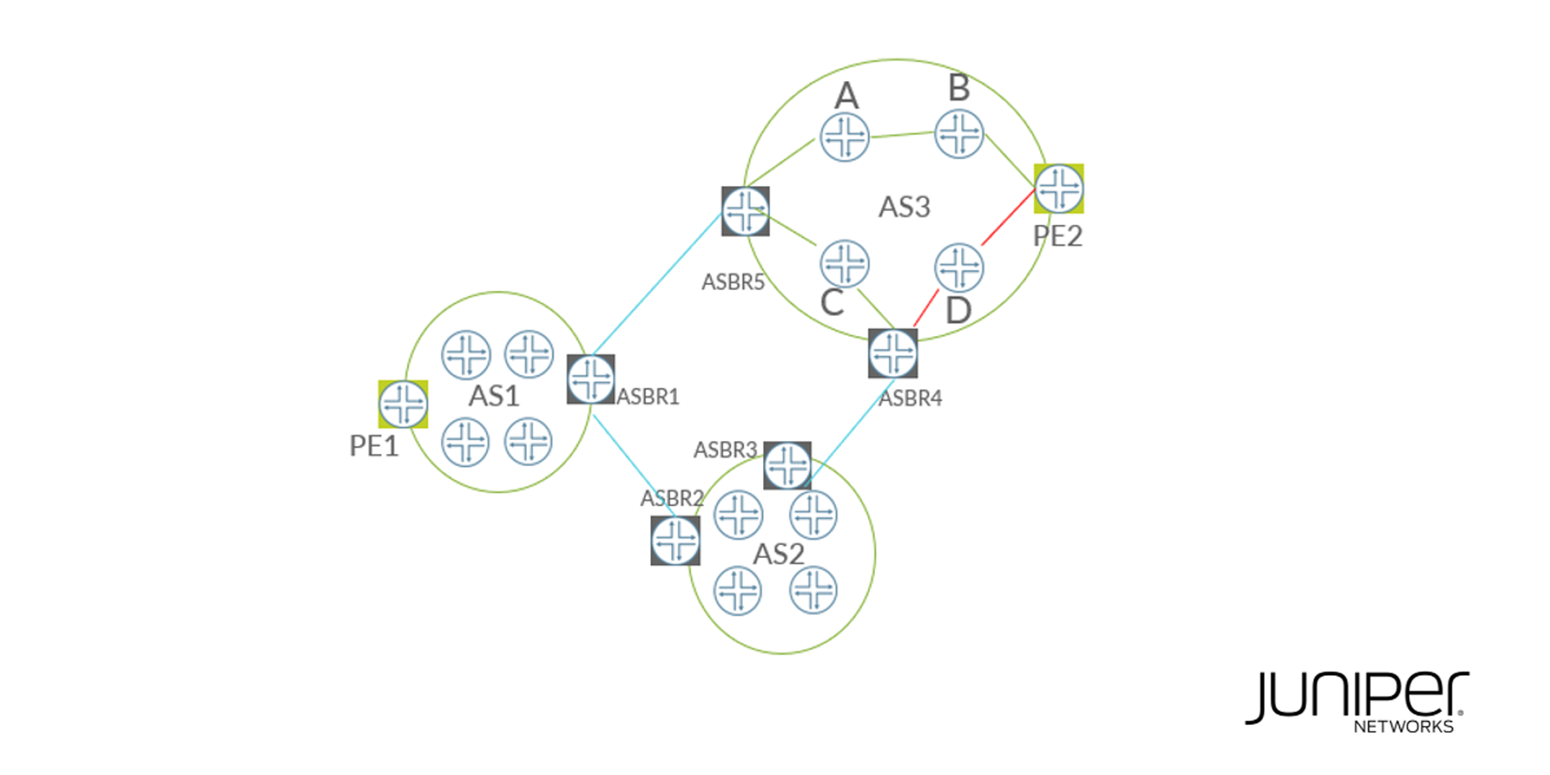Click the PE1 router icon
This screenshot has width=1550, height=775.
403,404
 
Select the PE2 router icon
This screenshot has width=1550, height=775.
1059,189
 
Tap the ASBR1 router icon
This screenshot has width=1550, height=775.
591,379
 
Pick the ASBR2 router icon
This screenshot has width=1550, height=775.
675,541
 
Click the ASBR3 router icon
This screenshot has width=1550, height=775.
787,466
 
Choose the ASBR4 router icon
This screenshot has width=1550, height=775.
893,353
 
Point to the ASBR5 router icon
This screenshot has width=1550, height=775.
746,211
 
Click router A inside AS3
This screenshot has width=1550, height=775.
845,137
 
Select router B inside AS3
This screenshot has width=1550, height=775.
959,133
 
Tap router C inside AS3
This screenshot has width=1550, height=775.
845,263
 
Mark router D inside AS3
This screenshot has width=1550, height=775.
959,267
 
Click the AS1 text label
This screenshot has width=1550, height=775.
494,396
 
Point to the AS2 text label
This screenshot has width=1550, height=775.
778,554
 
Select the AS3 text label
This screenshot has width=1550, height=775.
904,207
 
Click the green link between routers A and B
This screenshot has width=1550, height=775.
902,134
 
